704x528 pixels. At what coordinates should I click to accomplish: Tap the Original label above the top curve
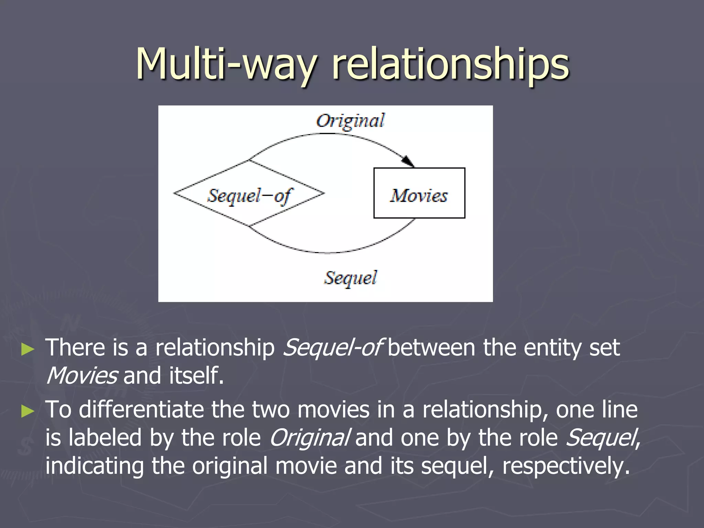350,121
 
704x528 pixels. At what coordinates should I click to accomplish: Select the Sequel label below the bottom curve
350,278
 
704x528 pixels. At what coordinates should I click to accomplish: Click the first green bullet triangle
28,349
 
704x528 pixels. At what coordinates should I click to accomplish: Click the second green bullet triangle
28,411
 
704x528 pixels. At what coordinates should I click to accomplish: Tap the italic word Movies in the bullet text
82,376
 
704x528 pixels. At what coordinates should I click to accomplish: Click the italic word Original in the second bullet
309,438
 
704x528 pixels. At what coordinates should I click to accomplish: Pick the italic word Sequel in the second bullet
601,438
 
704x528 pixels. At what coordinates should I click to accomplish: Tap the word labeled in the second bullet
105,438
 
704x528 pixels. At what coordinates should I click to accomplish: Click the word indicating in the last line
95,466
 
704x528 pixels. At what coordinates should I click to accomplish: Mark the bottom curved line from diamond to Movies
330,253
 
